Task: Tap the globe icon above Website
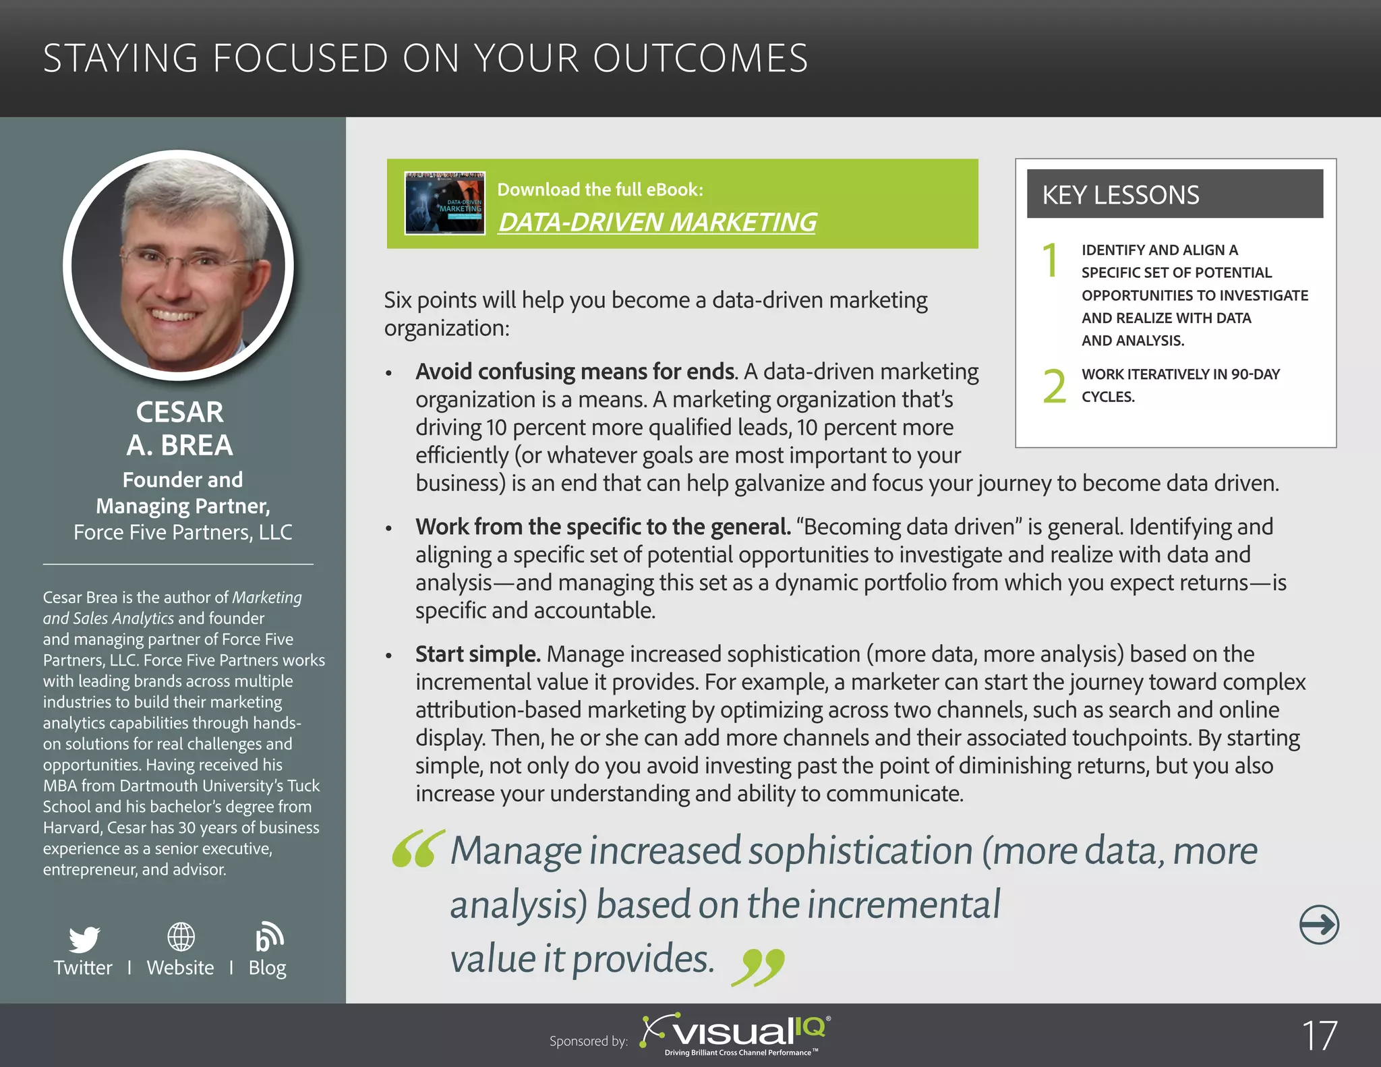tap(181, 937)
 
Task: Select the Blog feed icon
tap(268, 937)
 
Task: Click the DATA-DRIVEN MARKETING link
tap(657, 222)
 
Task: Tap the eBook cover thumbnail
tap(444, 203)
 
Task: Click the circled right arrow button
tap(1318, 924)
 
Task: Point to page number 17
tap(1318, 1035)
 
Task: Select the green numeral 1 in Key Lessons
tap(1050, 260)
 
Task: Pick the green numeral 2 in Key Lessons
tap(1054, 386)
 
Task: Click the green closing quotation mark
tap(758, 967)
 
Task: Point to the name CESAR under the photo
tap(179, 412)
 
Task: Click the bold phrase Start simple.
tap(477, 654)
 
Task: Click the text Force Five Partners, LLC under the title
tap(183, 532)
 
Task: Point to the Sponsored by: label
tap(588, 1041)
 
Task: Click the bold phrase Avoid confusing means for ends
tap(575, 372)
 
